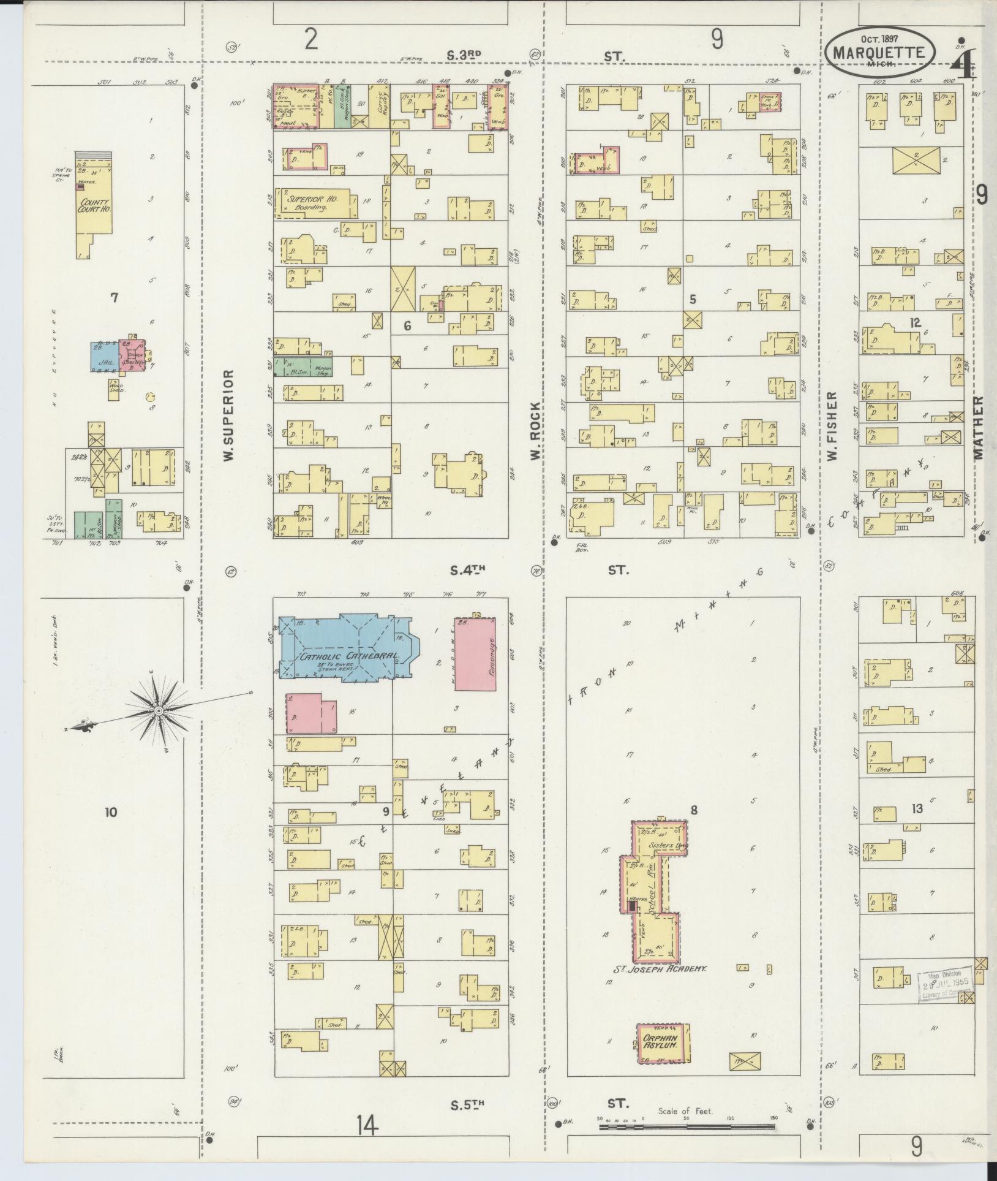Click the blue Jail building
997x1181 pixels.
click(x=105, y=355)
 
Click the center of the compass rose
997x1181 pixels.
click(x=159, y=710)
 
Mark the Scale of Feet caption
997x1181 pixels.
click(x=685, y=1111)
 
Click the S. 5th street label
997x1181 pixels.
click(x=467, y=1104)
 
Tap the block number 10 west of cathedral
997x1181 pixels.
click(x=110, y=813)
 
